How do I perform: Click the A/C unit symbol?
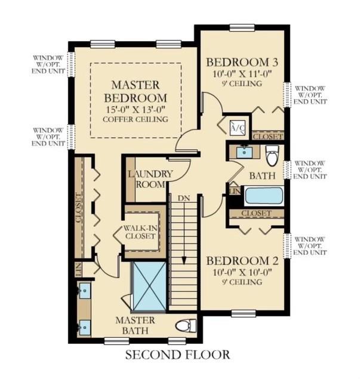(238, 127)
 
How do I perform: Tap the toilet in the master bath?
(186, 326)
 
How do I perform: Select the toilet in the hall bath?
(272, 155)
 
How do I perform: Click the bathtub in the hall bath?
(264, 196)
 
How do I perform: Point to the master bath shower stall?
(150, 286)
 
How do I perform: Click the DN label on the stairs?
(184, 198)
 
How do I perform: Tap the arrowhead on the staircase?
(184, 261)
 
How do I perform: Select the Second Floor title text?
(178, 355)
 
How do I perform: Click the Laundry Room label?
(150, 179)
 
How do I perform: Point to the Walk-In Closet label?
(140, 232)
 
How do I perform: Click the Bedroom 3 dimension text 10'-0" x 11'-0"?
(242, 74)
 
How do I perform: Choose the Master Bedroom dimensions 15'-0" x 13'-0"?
(136, 109)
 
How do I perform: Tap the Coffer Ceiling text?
(136, 119)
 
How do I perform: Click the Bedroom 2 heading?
(242, 261)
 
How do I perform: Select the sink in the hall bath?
(244, 152)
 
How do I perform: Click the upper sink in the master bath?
(84, 290)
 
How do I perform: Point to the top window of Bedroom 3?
(242, 28)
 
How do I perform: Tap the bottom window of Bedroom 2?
(244, 314)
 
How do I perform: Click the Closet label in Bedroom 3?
(268, 137)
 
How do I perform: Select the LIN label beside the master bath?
(79, 270)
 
